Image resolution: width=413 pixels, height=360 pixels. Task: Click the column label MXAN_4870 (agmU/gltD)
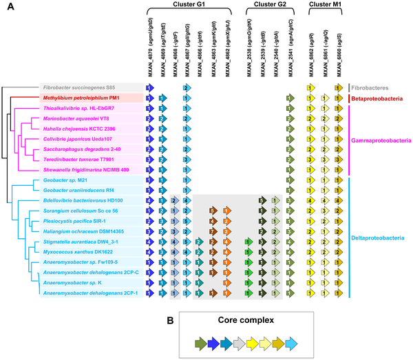click(149, 50)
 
